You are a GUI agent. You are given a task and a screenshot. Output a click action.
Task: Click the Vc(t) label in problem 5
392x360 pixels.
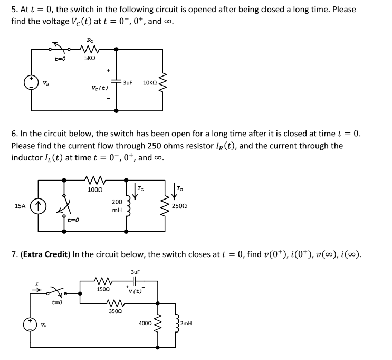coord(100,88)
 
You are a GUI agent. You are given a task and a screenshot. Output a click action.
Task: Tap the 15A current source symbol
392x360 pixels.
coord(37,204)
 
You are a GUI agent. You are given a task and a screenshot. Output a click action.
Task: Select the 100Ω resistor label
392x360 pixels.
coord(94,189)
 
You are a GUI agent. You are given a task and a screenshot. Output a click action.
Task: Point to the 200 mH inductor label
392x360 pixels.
coord(117,205)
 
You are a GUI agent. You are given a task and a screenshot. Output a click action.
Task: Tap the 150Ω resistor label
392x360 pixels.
coord(103,289)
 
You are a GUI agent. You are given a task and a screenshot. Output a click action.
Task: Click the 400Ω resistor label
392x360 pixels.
coord(145,321)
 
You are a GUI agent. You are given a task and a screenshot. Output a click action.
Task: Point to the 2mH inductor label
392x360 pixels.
coord(187,321)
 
